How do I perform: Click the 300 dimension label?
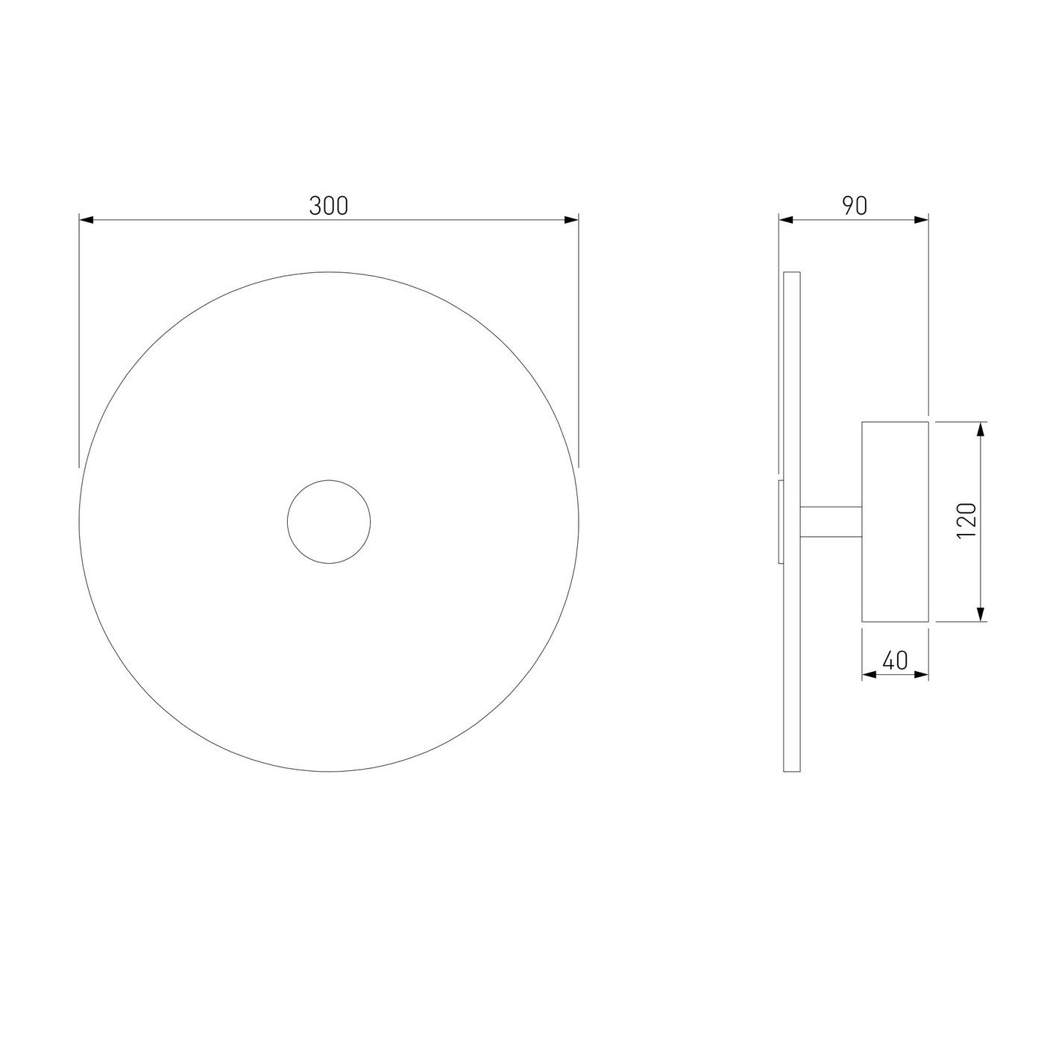click(328, 206)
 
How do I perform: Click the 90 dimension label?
click(855, 206)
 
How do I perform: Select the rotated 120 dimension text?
click(966, 521)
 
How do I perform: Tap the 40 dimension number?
click(895, 660)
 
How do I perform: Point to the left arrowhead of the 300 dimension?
click(87, 220)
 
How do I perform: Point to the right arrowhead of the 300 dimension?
click(571, 220)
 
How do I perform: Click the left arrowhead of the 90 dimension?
click(786, 220)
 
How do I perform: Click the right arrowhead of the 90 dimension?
click(922, 220)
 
